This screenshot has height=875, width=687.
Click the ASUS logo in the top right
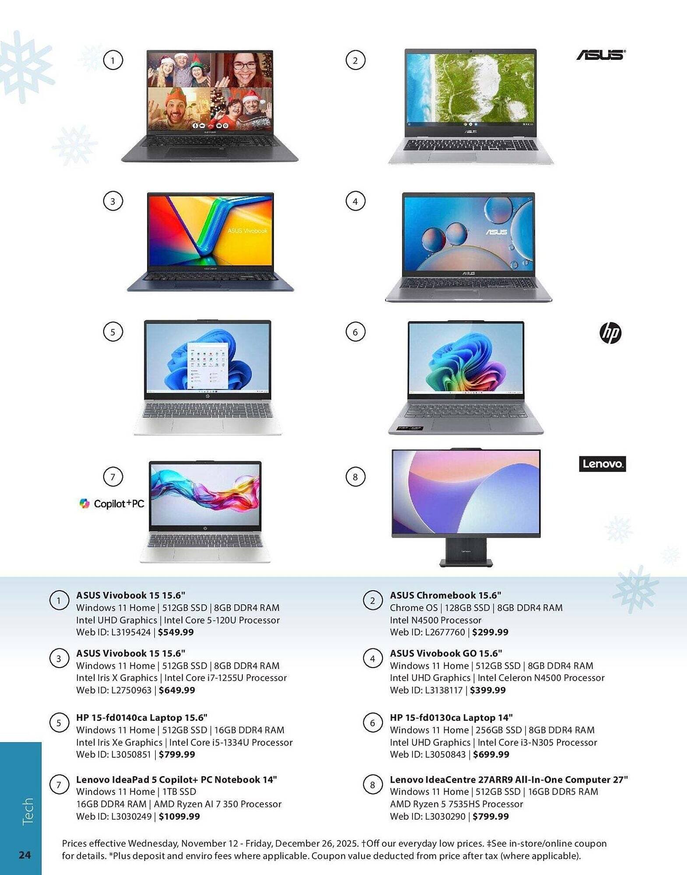[600, 55]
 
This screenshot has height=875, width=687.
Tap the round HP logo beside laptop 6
[610, 333]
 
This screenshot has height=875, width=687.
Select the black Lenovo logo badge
[602, 464]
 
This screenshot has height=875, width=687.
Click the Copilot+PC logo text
[112, 504]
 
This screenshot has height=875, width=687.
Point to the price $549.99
[175, 632]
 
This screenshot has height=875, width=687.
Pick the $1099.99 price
[179, 816]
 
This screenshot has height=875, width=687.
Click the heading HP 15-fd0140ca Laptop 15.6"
[141, 717]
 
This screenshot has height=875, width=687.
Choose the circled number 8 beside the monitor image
[355, 476]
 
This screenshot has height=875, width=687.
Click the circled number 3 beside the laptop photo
[113, 201]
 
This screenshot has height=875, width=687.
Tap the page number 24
[25, 855]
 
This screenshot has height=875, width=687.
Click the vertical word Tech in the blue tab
[27, 812]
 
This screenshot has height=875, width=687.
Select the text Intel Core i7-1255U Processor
[225, 678]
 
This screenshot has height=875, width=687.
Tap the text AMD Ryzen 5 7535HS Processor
[456, 804]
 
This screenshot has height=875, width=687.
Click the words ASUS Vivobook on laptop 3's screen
[247, 231]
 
